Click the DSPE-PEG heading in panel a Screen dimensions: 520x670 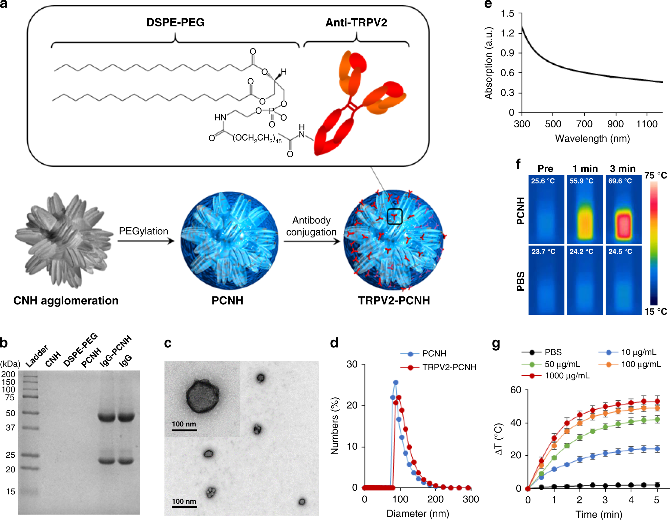click(x=175, y=22)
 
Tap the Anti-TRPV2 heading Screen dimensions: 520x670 click(x=356, y=23)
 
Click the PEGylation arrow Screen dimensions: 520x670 click(x=146, y=241)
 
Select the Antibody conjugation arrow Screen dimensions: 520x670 click(x=312, y=241)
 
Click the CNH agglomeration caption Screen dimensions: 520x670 click(x=66, y=300)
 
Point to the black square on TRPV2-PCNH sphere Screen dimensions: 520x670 click(x=394, y=216)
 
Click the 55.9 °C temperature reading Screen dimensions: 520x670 click(x=581, y=181)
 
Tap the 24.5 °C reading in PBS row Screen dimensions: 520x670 click(x=620, y=251)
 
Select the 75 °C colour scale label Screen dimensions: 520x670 click(x=655, y=175)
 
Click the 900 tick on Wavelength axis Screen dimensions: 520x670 click(x=615, y=124)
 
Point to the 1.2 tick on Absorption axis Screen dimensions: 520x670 click(x=507, y=33)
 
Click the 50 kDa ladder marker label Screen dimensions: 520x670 click(x=11, y=413)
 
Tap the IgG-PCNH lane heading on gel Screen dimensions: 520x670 click(x=115, y=351)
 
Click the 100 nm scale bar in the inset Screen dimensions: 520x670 click(x=184, y=430)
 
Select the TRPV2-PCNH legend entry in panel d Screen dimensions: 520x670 click(x=449, y=367)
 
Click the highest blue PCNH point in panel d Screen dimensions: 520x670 click(x=395, y=382)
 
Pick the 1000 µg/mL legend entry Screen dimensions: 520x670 click(x=567, y=376)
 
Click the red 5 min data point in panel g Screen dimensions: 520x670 click(x=657, y=401)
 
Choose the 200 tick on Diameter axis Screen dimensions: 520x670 click(x=435, y=499)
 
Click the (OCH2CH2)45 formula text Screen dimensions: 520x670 click(x=257, y=138)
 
